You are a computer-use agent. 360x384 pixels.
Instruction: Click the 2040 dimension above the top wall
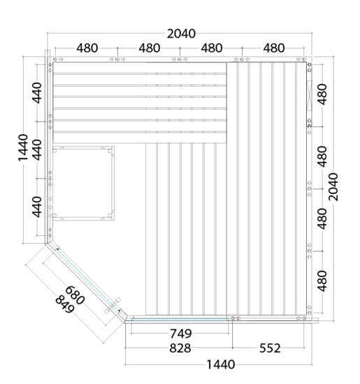tap(181, 34)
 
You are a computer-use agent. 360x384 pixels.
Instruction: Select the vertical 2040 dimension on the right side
tap(333, 187)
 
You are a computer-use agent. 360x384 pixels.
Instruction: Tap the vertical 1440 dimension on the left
tap(23, 147)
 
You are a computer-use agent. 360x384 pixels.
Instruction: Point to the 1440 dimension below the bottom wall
tap(221, 364)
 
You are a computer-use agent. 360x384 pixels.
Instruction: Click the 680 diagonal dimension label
tap(75, 295)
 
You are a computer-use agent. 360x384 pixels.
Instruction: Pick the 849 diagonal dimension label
tap(64, 304)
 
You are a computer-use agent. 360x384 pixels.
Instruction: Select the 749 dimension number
tap(181, 333)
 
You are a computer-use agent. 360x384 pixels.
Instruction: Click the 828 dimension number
tap(180, 348)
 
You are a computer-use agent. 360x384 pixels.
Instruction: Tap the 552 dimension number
tap(270, 348)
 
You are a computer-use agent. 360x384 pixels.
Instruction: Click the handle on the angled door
tap(113, 306)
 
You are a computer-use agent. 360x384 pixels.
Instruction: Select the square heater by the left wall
tap(83, 183)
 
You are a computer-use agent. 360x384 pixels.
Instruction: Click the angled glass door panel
tap(88, 281)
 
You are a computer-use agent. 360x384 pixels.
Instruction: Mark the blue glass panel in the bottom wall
tap(180, 319)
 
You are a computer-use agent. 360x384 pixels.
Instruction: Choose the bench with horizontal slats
tap(140, 103)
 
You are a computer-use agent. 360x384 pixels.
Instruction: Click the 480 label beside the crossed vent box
tap(322, 94)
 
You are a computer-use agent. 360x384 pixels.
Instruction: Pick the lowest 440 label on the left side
tap(37, 207)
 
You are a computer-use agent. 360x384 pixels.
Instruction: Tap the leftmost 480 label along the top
tap(87, 48)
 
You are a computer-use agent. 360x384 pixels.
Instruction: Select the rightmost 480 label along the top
tap(274, 48)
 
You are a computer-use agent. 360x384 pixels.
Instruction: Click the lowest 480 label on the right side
tap(322, 281)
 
